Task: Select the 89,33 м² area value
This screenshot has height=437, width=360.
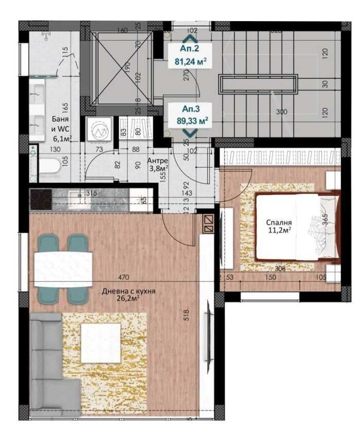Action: coord(190,121)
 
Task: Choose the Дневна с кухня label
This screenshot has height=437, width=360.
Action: coord(129,294)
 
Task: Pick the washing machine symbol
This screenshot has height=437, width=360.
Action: coord(98,131)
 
